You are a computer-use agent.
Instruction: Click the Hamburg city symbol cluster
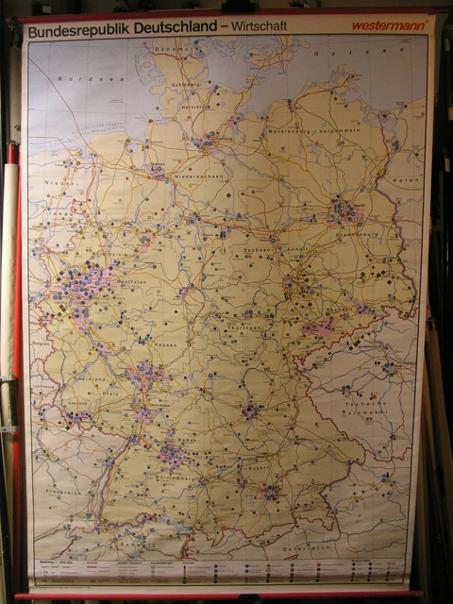pyautogui.click(x=205, y=143)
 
